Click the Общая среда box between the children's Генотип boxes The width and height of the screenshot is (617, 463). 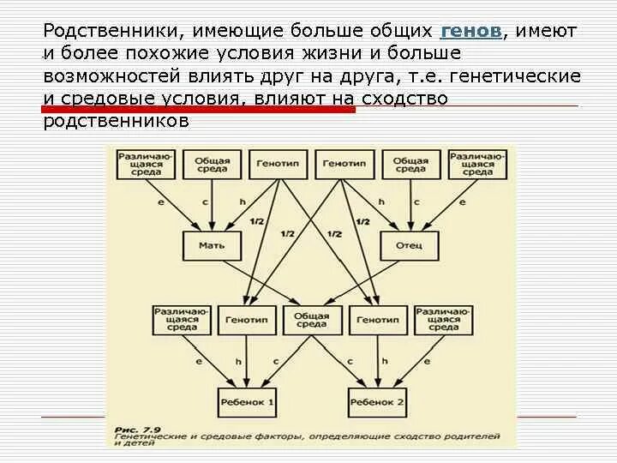tap(311, 319)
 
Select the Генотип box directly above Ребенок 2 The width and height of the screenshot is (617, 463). tap(375, 319)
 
